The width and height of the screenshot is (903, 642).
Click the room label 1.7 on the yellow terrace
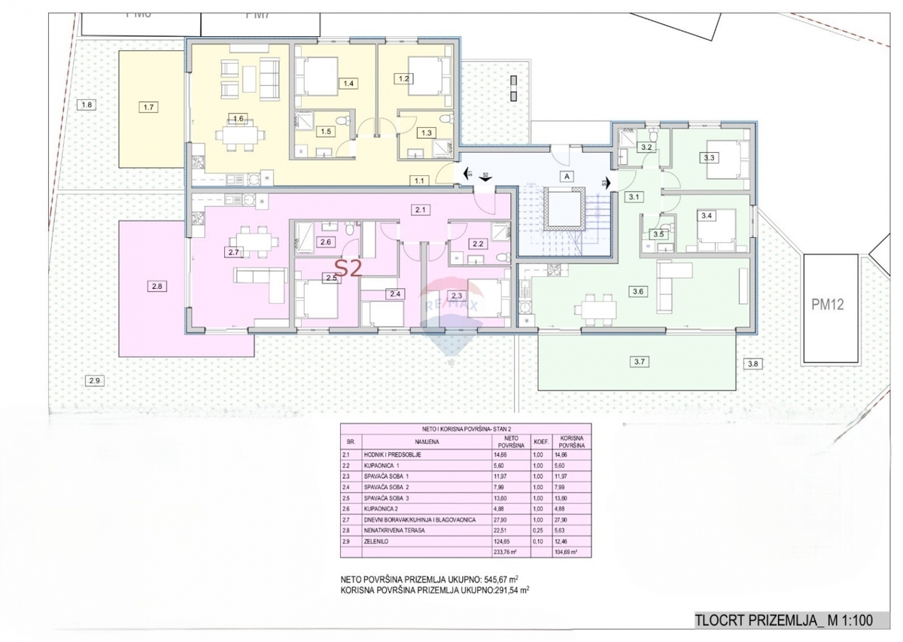click(148, 108)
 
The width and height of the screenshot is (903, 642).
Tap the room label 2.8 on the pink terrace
click(156, 286)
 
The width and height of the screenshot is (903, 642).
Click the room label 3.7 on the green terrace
click(640, 362)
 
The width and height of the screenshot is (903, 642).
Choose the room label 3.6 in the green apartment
click(639, 291)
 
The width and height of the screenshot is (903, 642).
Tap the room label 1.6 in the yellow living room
click(239, 118)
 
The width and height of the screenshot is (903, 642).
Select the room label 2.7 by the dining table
click(233, 253)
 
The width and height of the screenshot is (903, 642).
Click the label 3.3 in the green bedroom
click(708, 158)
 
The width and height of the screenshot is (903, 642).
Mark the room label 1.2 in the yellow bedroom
click(403, 78)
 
